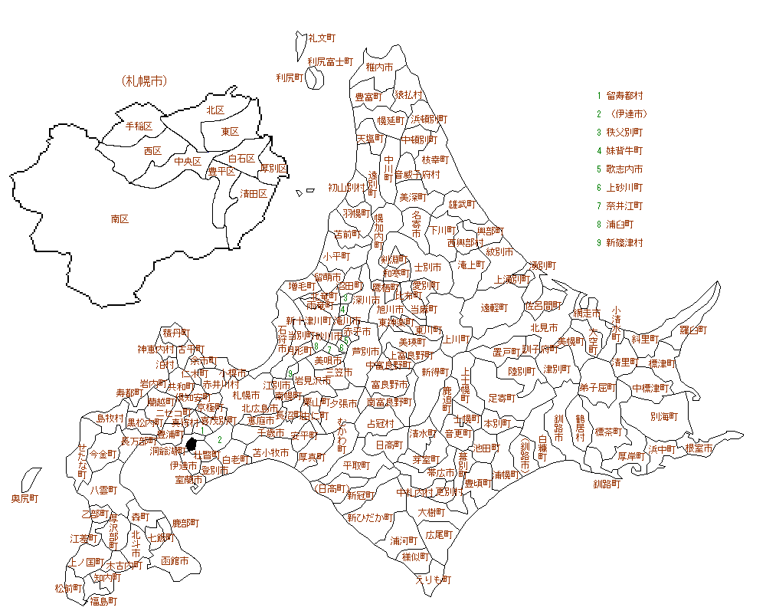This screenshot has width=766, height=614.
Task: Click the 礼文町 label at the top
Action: click(322, 38)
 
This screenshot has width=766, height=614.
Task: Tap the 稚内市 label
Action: click(379, 67)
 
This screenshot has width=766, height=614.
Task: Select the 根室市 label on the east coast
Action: click(699, 448)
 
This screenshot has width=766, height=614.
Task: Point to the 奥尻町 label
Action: click(25, 498)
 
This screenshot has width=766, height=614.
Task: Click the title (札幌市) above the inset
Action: click(144, 80)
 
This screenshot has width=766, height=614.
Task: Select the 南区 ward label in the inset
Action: click(119, 218)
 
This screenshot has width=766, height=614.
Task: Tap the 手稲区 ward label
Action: click(139, 126)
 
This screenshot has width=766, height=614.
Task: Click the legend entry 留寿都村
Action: click(624, 96)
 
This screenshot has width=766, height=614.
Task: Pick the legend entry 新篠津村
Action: click(624, 243)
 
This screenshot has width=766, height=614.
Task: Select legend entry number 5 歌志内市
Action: click(624, 169)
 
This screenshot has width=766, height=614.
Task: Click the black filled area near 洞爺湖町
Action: click(192, 444)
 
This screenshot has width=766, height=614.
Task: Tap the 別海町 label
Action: click(663, 417)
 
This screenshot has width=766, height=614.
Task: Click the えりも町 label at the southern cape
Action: click(434, 580)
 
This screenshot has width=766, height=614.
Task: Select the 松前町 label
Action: click(68, 588)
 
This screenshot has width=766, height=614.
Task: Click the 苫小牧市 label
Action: click(271, 453)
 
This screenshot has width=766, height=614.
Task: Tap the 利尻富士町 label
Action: click(330, 61)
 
